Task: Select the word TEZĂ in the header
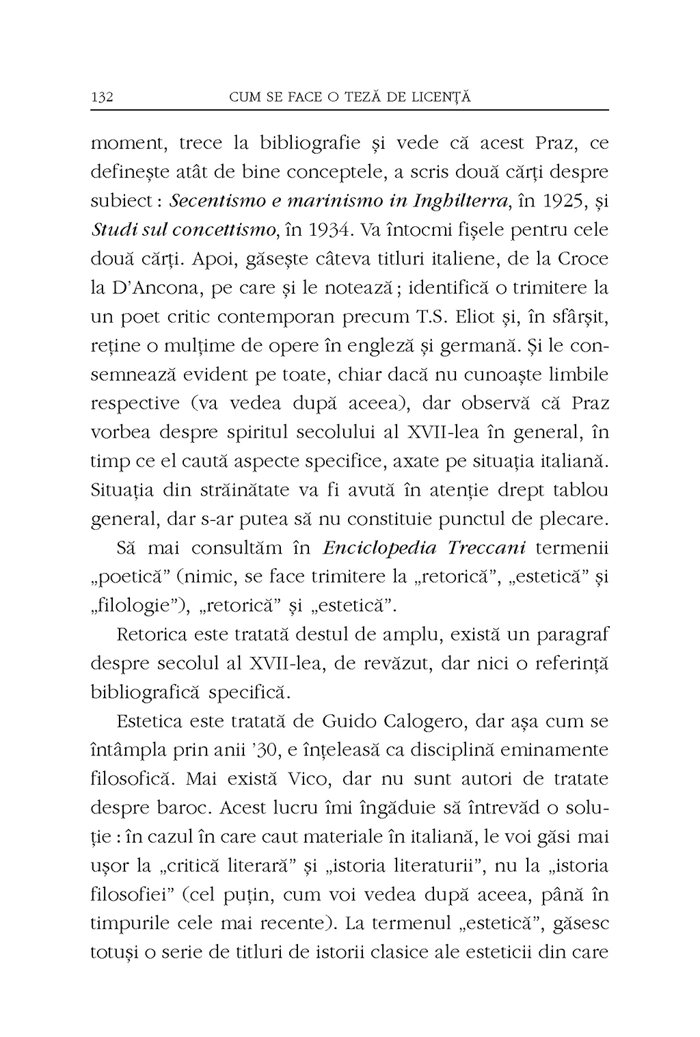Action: pyautogui.click(x=346, y=97)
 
